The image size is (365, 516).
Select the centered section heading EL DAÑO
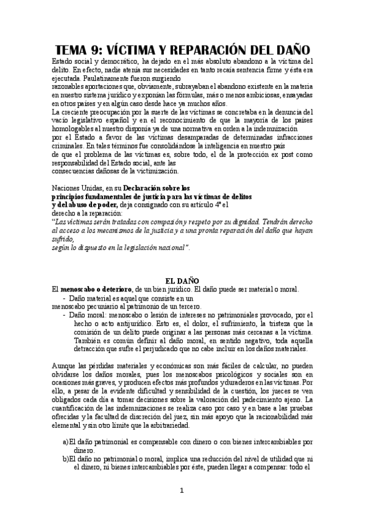(183, 281)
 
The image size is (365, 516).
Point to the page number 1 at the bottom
(182, 490)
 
